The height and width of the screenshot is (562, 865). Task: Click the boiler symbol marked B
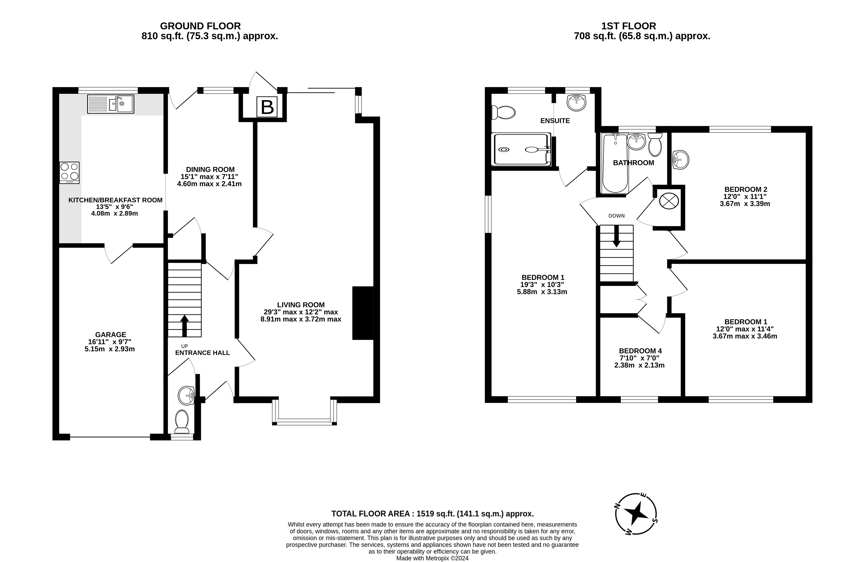267,107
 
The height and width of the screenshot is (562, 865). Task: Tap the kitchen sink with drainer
110,104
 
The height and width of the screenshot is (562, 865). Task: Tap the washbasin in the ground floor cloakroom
187,395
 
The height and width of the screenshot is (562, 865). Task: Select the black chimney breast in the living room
363,313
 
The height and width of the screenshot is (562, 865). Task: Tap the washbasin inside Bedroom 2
680,160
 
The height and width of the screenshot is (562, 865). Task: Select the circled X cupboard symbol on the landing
669,201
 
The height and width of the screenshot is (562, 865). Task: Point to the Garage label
110,335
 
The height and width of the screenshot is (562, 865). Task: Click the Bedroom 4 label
640,351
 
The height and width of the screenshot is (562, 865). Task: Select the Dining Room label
210,169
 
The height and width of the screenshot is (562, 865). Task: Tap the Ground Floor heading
200,26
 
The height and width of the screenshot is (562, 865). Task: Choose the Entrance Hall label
202,353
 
